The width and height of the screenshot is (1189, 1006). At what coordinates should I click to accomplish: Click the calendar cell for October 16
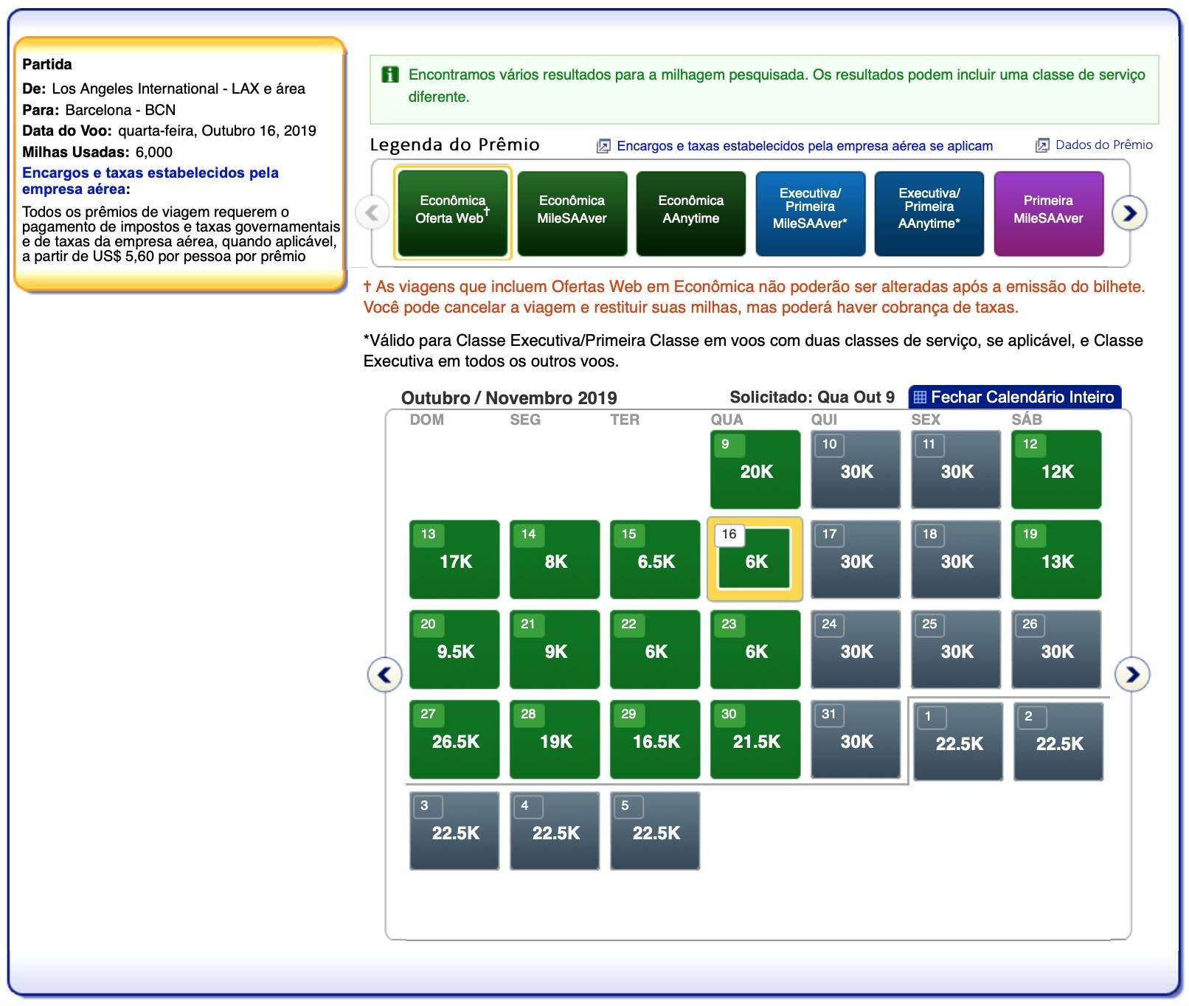click(x=755, y=560)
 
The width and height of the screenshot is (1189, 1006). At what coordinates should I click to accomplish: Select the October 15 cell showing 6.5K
click(x=655, y=559)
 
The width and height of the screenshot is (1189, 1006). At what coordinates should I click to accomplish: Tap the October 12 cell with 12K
click(x=1056, y=469)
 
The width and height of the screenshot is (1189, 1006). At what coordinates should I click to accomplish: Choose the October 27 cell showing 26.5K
click(x=454, y=739)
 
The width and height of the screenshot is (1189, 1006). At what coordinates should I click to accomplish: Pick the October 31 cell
click(x=856, y=739)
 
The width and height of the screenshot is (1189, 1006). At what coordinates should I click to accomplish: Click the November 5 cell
click(x=655, y=830)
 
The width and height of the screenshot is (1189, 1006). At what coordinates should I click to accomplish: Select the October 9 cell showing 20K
click(x=755, y=469)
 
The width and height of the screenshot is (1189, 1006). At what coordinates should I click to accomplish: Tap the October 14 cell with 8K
click(x=555, y=559)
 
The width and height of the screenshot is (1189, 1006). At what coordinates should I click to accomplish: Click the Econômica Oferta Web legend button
click(x=453, y=213)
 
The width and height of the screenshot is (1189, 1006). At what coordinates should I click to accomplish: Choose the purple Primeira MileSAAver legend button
click(x=1049, y=213)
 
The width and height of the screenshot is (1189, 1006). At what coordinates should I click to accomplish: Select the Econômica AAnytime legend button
click(x=691, y=213)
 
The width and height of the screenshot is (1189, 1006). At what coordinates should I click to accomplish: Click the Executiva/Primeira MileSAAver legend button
click(x=811, y=213)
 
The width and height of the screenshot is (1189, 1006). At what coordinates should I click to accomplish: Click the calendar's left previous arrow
click(x=385, y=674)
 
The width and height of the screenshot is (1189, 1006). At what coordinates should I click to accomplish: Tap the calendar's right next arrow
click(x=1132, y=674)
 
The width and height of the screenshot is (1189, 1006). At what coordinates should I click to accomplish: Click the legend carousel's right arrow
click(x=1129, y=213)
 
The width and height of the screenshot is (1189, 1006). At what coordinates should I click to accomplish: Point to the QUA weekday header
click(x=727, y=420)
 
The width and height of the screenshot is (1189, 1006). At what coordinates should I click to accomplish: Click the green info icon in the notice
click(x=389, y=74)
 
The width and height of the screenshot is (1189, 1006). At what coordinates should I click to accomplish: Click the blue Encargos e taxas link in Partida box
click(x=150, y=181)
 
